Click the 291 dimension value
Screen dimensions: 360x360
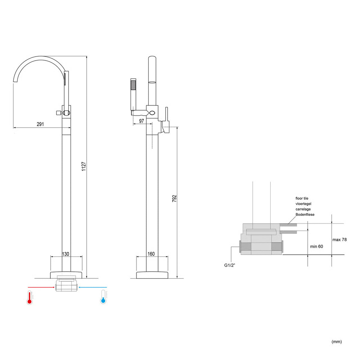coord(40,124)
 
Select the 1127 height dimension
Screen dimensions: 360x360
coord(84,166)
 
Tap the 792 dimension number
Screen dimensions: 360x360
coord(174,199)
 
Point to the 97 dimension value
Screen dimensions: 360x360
coord(141,121)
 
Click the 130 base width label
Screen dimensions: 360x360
coord(66,254)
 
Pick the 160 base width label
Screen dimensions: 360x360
coord(151,254)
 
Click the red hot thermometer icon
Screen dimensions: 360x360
coord(30,297)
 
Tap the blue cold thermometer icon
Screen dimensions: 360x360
coord(103,297)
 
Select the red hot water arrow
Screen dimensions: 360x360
coord(41,287)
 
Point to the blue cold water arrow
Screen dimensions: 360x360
coord(93,287)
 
